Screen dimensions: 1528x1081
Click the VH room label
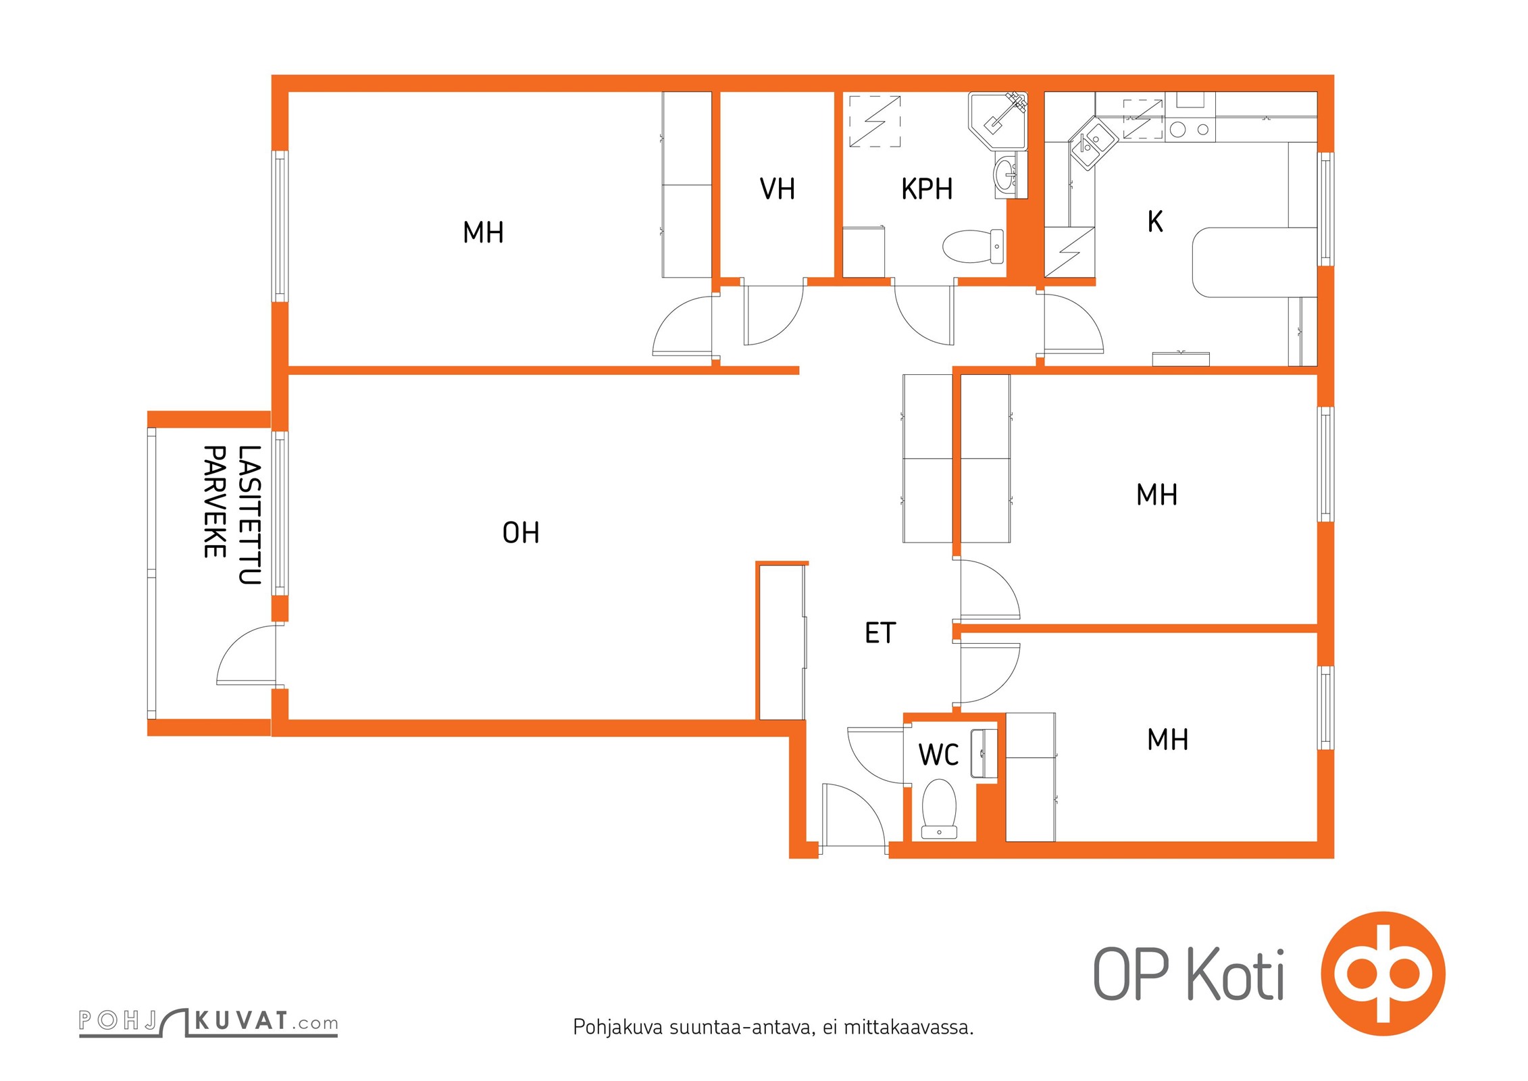pos(777,189)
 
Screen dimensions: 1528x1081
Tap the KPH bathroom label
pos(927,189)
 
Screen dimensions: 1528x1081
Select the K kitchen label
pos(1155,222)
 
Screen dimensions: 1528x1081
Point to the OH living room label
pos(521,533)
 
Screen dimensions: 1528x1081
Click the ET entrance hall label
pos(880,633)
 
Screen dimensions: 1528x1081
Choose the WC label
pos(938,755)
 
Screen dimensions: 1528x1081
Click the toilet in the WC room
pos(939,809)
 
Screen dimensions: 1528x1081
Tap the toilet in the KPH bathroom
pos(973,247)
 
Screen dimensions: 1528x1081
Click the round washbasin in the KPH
pos(1006,174)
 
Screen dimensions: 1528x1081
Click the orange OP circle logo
pos(1383,974)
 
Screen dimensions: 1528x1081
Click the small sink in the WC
pos(984,753)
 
